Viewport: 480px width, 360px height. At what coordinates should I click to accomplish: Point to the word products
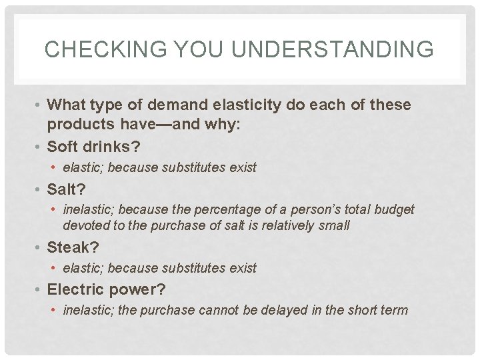(x=79, y=125)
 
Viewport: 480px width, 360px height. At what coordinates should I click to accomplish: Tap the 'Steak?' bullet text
(x=73, y=247)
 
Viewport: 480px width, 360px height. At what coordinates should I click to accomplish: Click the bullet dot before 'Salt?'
(x=39, y=190)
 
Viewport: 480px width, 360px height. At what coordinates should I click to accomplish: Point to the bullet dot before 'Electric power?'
(x=39, y=290)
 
